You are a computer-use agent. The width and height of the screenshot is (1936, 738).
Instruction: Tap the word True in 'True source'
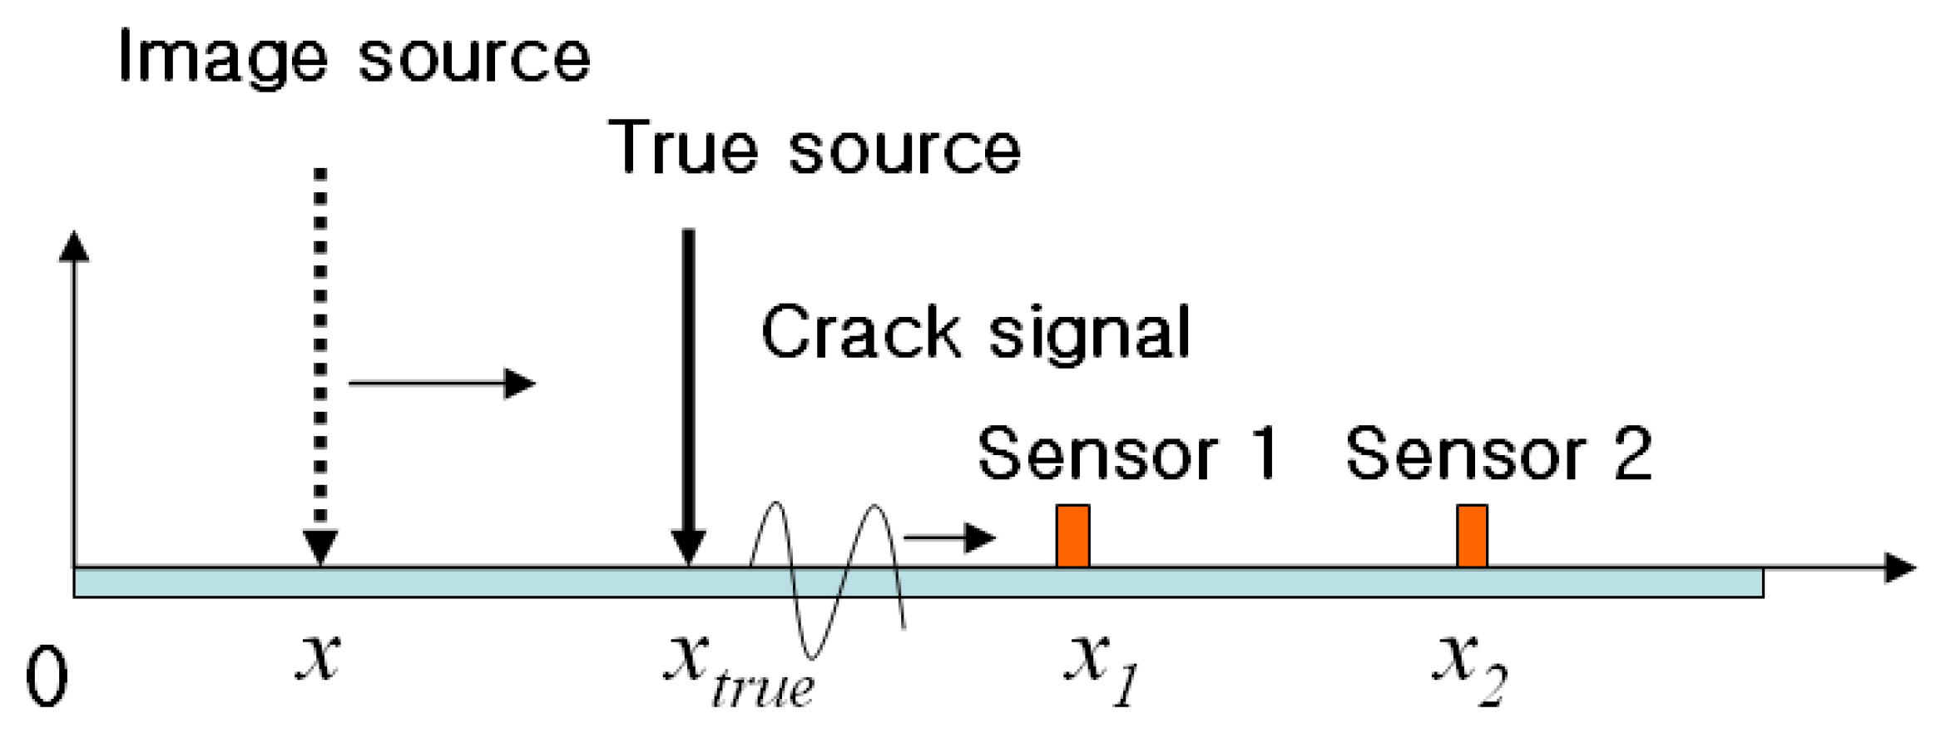pyautogui.click(x=684, y=147)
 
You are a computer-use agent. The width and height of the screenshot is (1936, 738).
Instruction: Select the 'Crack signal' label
pyautogui.click(x=975, y=333)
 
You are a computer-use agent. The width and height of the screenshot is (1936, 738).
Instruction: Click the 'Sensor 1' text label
pyautogui.click(x=1128, y=454)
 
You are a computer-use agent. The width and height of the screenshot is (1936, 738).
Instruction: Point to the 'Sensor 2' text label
pyautogui.click(x=1498, y=454)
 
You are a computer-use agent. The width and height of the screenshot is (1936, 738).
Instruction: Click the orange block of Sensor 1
pyautogui.click(x=1072, y=536)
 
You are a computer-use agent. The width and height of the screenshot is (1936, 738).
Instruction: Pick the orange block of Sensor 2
pyautogui.click(x=1471, y=536)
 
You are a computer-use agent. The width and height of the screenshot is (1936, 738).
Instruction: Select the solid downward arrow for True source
pyautogui.click(x=688, y=391)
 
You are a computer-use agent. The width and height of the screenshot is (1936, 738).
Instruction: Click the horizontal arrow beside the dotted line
pyautogui.click(x=441, y=384)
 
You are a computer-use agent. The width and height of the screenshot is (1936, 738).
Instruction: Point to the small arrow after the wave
pyautogui.click(x=948, y=537)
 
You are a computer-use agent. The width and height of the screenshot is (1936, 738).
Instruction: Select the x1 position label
pyautogui.click(x=1100, y=670)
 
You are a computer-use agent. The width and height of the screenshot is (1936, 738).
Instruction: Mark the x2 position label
pyautogui.click(x=1469, y=670)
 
